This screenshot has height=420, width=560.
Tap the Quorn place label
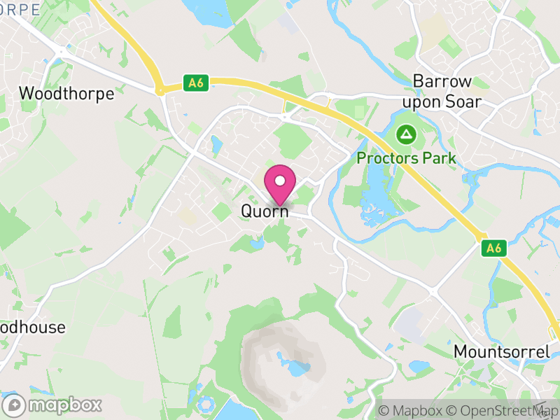265,210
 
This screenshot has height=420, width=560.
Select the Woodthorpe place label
66,94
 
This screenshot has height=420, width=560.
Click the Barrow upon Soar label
447,91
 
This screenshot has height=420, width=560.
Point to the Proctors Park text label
406,158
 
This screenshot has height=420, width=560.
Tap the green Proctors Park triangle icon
405,133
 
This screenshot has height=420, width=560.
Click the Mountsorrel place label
502,351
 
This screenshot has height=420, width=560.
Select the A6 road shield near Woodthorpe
196,83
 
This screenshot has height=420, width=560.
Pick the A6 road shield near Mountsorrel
494,247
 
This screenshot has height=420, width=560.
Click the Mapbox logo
55,405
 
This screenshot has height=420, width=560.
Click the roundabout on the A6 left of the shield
161,89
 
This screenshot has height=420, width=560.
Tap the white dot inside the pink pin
280,181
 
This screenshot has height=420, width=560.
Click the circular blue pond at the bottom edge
207,405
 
